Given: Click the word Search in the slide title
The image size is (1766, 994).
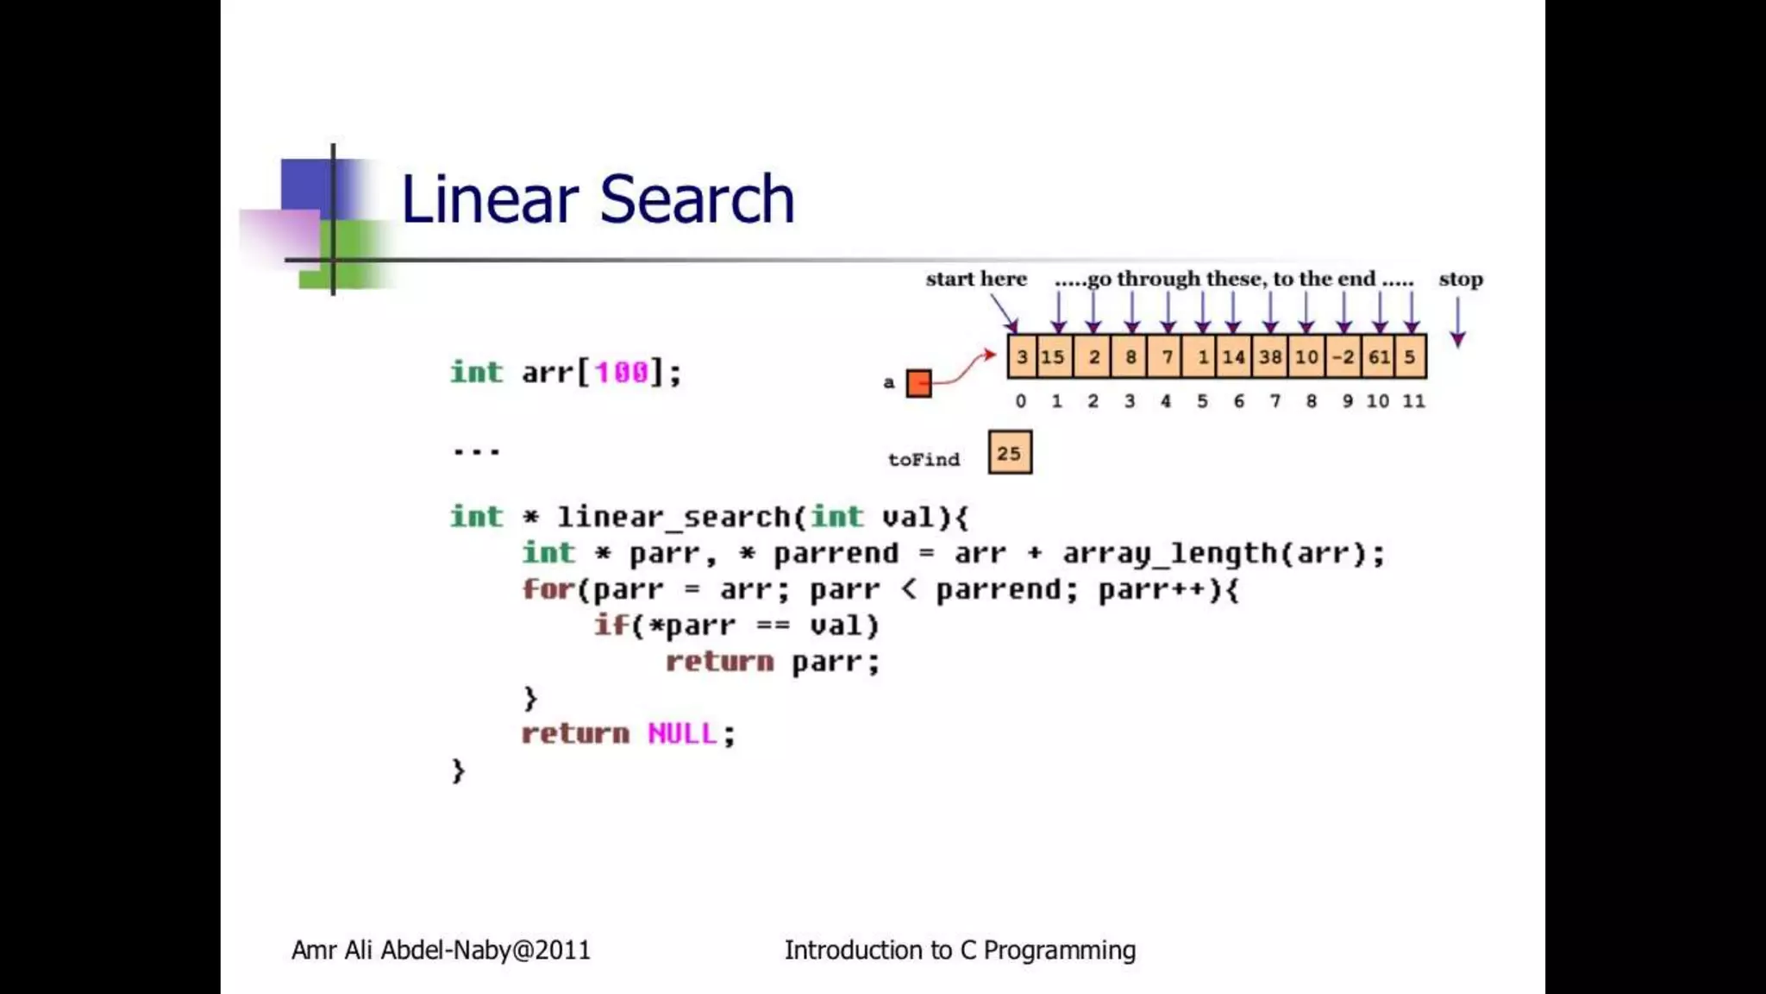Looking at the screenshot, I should (x=696, y=199).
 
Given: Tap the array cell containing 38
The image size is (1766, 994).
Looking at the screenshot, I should (x=1269, y=356).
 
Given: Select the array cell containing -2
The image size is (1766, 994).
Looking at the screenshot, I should (x=1343, y=356).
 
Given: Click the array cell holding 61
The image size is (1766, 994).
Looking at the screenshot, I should (x=1378, y=356).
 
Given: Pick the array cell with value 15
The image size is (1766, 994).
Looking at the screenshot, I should (x=1052, y=356).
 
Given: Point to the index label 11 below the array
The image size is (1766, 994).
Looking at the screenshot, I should (x=1413, y=401).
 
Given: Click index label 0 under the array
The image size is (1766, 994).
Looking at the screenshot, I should (x=1021, y=401).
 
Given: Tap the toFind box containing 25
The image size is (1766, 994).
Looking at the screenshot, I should (x=1010, y=453).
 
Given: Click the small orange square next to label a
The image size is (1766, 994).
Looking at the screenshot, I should (x=919, y=383).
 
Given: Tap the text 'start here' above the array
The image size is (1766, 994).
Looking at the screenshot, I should (x=976, y=279).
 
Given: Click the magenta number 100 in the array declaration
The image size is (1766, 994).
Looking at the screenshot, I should (x=621, y=373).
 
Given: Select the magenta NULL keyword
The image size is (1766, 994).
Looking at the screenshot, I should (x=682, y=733).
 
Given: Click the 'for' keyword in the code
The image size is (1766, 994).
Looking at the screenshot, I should (x=547, y=589).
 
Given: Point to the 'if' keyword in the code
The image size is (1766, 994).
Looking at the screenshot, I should (x=611, y=626).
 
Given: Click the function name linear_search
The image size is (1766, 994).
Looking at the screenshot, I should (x=673, y=517).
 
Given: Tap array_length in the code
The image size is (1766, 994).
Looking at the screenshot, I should (x=1169, y=553).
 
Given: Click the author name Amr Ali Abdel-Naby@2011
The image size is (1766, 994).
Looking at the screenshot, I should (x=441, y=950).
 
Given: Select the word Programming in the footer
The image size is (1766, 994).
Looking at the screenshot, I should (x=1059, y=950).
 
